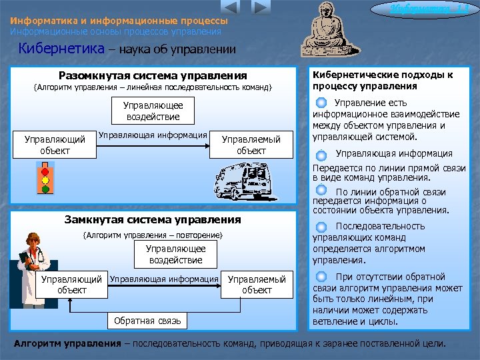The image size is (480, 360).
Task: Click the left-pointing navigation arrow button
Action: (230, 8)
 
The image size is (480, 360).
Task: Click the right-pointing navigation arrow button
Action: (262, 8)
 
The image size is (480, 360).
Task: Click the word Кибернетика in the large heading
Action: (62, 49)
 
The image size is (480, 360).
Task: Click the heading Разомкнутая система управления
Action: (153, 76)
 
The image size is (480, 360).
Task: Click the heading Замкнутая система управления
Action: (153, 219)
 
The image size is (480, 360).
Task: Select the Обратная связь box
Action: (147, 321)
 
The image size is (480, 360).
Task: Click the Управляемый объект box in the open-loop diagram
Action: (251, 145)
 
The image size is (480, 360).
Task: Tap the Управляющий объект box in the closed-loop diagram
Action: (72, 285)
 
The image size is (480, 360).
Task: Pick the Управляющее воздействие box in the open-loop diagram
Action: (153, 111)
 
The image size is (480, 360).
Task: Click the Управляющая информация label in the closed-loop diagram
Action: (164, 279)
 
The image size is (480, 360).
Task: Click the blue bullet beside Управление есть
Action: (321, 103)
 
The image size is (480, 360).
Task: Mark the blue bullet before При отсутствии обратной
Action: (321, 276)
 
